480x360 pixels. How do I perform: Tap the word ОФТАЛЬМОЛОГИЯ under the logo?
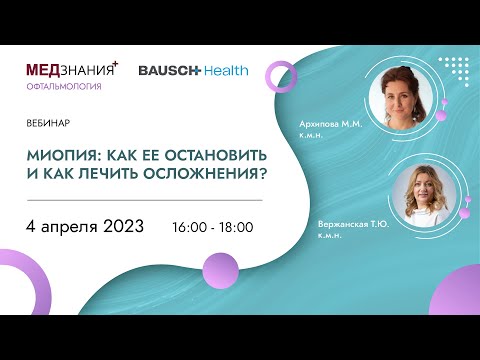point(63,87)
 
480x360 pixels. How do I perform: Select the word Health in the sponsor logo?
point(225,71)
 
